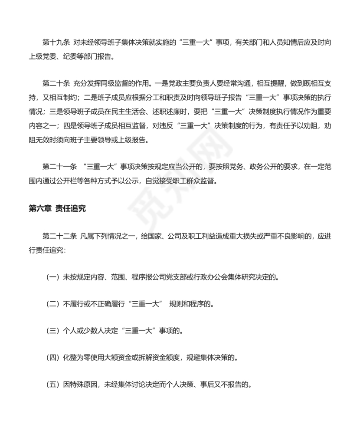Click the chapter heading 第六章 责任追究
[x=57, y=208]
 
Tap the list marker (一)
[x=52, y=277]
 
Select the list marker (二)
[x=52, y=304]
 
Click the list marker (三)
[x=52, y=331]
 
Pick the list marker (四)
[x=52, y=358]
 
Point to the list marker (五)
[x=52, y=385]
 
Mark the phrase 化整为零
[x=77, y=358]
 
